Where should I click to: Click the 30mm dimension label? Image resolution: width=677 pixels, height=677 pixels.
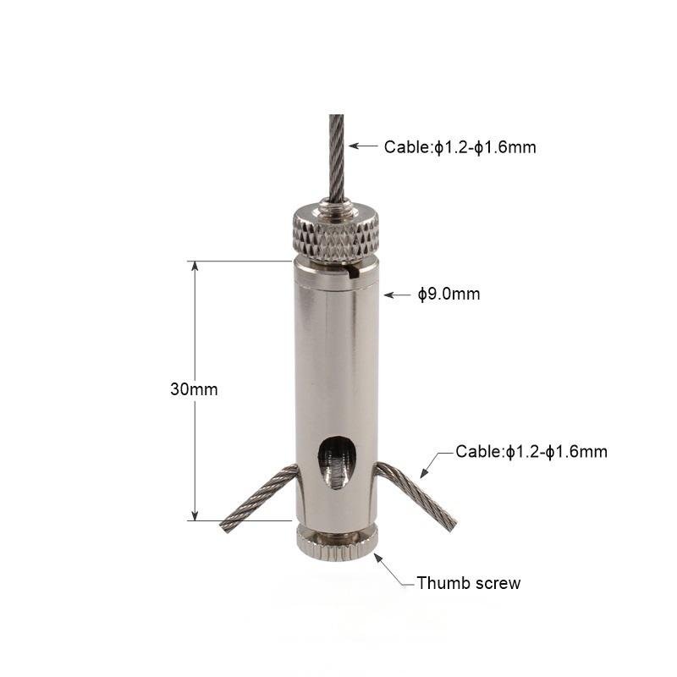pos(194,389)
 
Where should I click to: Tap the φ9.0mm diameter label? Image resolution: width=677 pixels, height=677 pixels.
pos(449,294)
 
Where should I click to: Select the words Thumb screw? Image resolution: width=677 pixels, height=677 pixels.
pos(469,583)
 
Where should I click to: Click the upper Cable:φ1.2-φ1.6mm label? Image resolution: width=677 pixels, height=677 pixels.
pos(460,147)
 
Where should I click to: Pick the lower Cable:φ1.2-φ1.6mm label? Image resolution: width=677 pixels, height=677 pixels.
pos(531,452)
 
